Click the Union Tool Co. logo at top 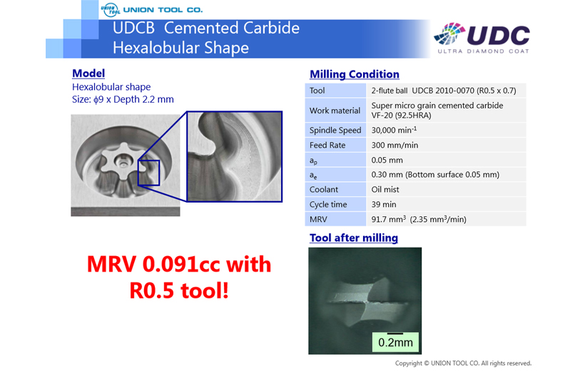151,10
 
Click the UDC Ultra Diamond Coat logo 482,38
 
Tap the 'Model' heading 88,73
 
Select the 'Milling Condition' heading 355,74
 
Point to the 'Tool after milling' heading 354,238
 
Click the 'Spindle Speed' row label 335,131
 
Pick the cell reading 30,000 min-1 394,130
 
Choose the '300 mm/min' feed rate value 395,146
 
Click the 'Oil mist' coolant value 385,190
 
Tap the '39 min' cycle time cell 384,205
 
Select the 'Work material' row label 335,111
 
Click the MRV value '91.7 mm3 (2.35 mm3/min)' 419,219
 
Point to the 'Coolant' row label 323,190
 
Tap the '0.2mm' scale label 395,342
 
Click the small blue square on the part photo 149,173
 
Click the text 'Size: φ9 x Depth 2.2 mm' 123,100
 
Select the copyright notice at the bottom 464,363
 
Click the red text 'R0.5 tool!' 179,291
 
